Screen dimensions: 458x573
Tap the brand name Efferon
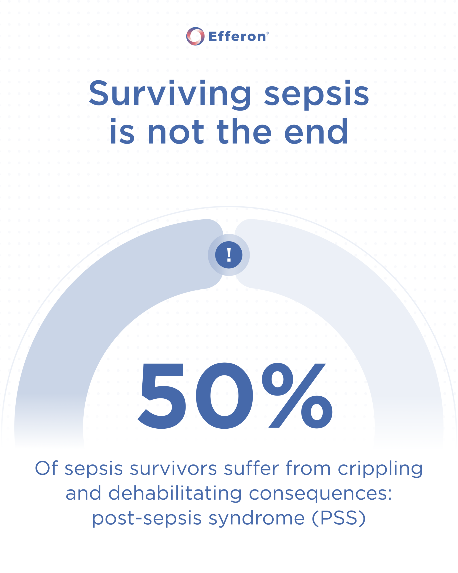pyautogui.click(x=237, y=36)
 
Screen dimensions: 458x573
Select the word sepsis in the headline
pyautogui.click(x=317, y=95)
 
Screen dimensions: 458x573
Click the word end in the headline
pyautogui.click(x=316, y=131)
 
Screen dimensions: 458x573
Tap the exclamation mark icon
pyautogui.click(x=229, y=255)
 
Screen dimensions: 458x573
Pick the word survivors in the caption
pyautogui.click(x=173, y=468)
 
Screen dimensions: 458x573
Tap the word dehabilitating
pyautogui.click(x=175, y=493)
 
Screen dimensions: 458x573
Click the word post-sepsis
pyautogui.click(x=147, y=519)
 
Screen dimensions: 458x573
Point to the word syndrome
pyautogui.click(x=257, y=519)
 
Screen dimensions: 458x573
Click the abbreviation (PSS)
pyautogui.click(x=339, y=518)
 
